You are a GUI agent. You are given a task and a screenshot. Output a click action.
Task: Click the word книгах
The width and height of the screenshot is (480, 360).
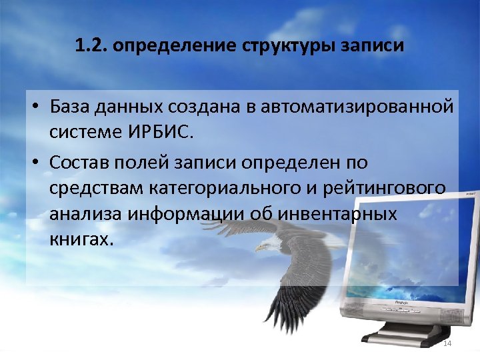point(77,239)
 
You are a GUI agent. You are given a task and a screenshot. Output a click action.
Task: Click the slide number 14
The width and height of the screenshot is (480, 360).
point(447,343)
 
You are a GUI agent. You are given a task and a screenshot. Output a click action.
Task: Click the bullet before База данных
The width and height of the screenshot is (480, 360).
point(36,108)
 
